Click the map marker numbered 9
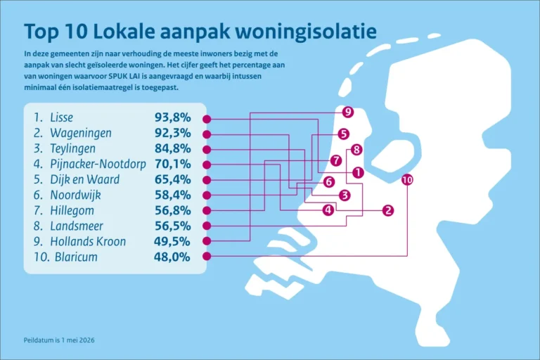click(348, 112)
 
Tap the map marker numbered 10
click(407, 179)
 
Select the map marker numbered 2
click(388, 210)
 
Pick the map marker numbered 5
click(343, 134)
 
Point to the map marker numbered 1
click(358, 172)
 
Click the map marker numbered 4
click(328, 210)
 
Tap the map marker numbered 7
click(336, 160)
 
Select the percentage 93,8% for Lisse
click(172, 117)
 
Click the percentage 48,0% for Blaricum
click(172, 257)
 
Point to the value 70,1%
click(172, 164)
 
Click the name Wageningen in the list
click(81, 134)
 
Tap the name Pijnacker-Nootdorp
click(98, 164)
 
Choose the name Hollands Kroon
click(88, 241)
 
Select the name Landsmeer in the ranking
click(77, 226)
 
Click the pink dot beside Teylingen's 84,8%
click(207, 150)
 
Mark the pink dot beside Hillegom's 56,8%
click(207, 210)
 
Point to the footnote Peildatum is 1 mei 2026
click(59, 340)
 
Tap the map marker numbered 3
click(345, 195)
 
